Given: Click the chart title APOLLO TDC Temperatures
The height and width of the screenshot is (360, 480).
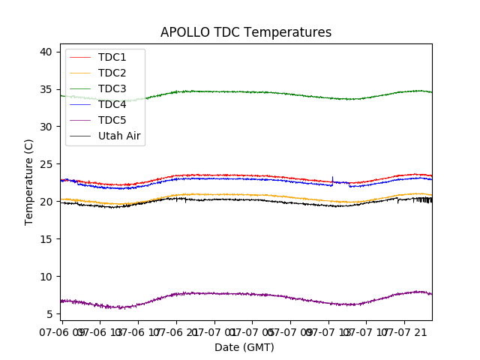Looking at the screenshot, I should point(245,32).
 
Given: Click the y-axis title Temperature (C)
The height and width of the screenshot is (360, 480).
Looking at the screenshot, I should point(29,182).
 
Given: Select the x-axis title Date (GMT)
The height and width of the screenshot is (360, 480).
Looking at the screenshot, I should point(244,347).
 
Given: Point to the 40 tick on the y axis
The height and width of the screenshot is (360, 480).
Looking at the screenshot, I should point(46,52).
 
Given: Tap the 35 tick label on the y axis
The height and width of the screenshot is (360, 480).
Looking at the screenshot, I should point(46,89).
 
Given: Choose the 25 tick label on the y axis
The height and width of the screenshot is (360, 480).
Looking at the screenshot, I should point(46,164).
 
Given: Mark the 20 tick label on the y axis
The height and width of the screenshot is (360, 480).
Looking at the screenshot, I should point(46,202).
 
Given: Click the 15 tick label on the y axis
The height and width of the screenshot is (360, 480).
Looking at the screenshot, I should point(46,239).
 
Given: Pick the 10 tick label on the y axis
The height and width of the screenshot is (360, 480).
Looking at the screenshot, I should point(46,277).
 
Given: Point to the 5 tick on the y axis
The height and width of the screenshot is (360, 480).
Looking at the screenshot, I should point(49,314).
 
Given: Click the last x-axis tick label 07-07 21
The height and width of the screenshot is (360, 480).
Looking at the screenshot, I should point(410,331).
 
